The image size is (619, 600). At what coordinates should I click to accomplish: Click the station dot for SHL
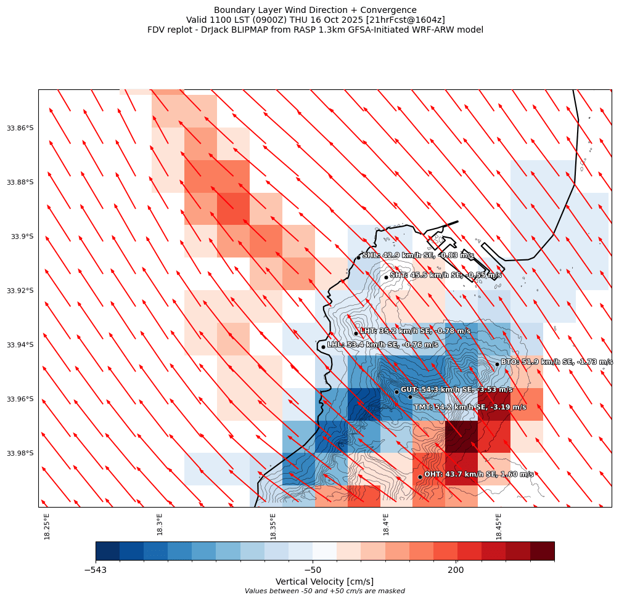pyautogui.click(x=358, y=257)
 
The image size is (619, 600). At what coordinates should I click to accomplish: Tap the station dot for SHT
pyautogui.click(x=386, y=277)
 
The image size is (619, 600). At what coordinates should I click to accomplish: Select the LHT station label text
pyautogui.click(x=415, y=331)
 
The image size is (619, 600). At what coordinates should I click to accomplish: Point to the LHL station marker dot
pyautogui.click(x=323, y=347)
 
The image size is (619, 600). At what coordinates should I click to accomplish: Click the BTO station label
pyautogui.click(x=557, y=362)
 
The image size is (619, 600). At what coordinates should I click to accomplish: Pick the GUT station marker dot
pyautogui.click(x=396, y=392)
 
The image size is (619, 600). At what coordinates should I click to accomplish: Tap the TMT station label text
pyautogui.click(x=470, y=407)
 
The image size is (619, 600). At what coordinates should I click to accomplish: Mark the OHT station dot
pyautogui.click(x=420, y=477)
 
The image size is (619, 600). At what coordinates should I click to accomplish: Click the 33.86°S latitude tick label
pyautogui.click(x=20, y=128)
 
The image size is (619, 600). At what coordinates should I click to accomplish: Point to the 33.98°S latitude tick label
pyautogui.click(x=20, y=453)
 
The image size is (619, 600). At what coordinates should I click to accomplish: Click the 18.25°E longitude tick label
pyautogui.click(x=47, y=526)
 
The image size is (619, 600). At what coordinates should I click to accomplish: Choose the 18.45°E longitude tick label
pyautogui.click(x=499, y=526)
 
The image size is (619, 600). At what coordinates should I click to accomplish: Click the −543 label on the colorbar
pyautogui.click(x=95, y=570)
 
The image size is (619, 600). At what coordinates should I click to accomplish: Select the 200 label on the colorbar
pyautogui.click(x=456, y=570)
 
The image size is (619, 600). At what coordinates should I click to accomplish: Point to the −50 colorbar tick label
pyautogui.click(x=313, y=570)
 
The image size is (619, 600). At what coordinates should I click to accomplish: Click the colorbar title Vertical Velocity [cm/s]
pyautogui.click(x=324, y=582)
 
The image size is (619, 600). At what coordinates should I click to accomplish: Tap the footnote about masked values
pyautogui.click(x=324, y=591)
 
